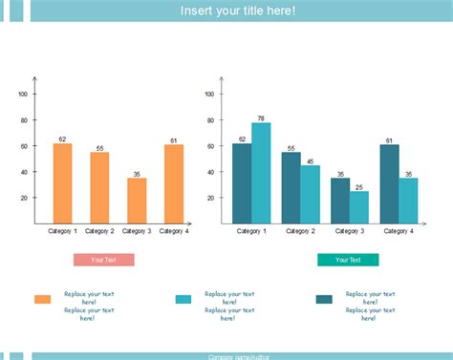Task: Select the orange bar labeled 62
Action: tap(62, 183)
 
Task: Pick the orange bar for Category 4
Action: tap(174, 184)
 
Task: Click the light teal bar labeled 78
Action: tap(261, 173)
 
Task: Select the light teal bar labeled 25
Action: tap(358, 207)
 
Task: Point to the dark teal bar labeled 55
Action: tap(291, 187)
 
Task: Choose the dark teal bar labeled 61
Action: tap(389, 183)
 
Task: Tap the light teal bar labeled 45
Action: tap(310, 194)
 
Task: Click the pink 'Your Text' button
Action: tap(103, 260)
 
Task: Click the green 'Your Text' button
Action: tap(348, 260)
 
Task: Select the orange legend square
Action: tap(43, 300)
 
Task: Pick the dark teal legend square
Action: tap(324, 300)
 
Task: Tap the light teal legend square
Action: tap(183, 300)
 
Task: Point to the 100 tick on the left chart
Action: tap(23, 94)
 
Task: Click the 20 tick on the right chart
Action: tap(211, 198)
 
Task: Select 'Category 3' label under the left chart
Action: tap(137, 231)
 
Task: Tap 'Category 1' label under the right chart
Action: tap(251, 231)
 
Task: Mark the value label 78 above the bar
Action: tap(261, 118)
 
